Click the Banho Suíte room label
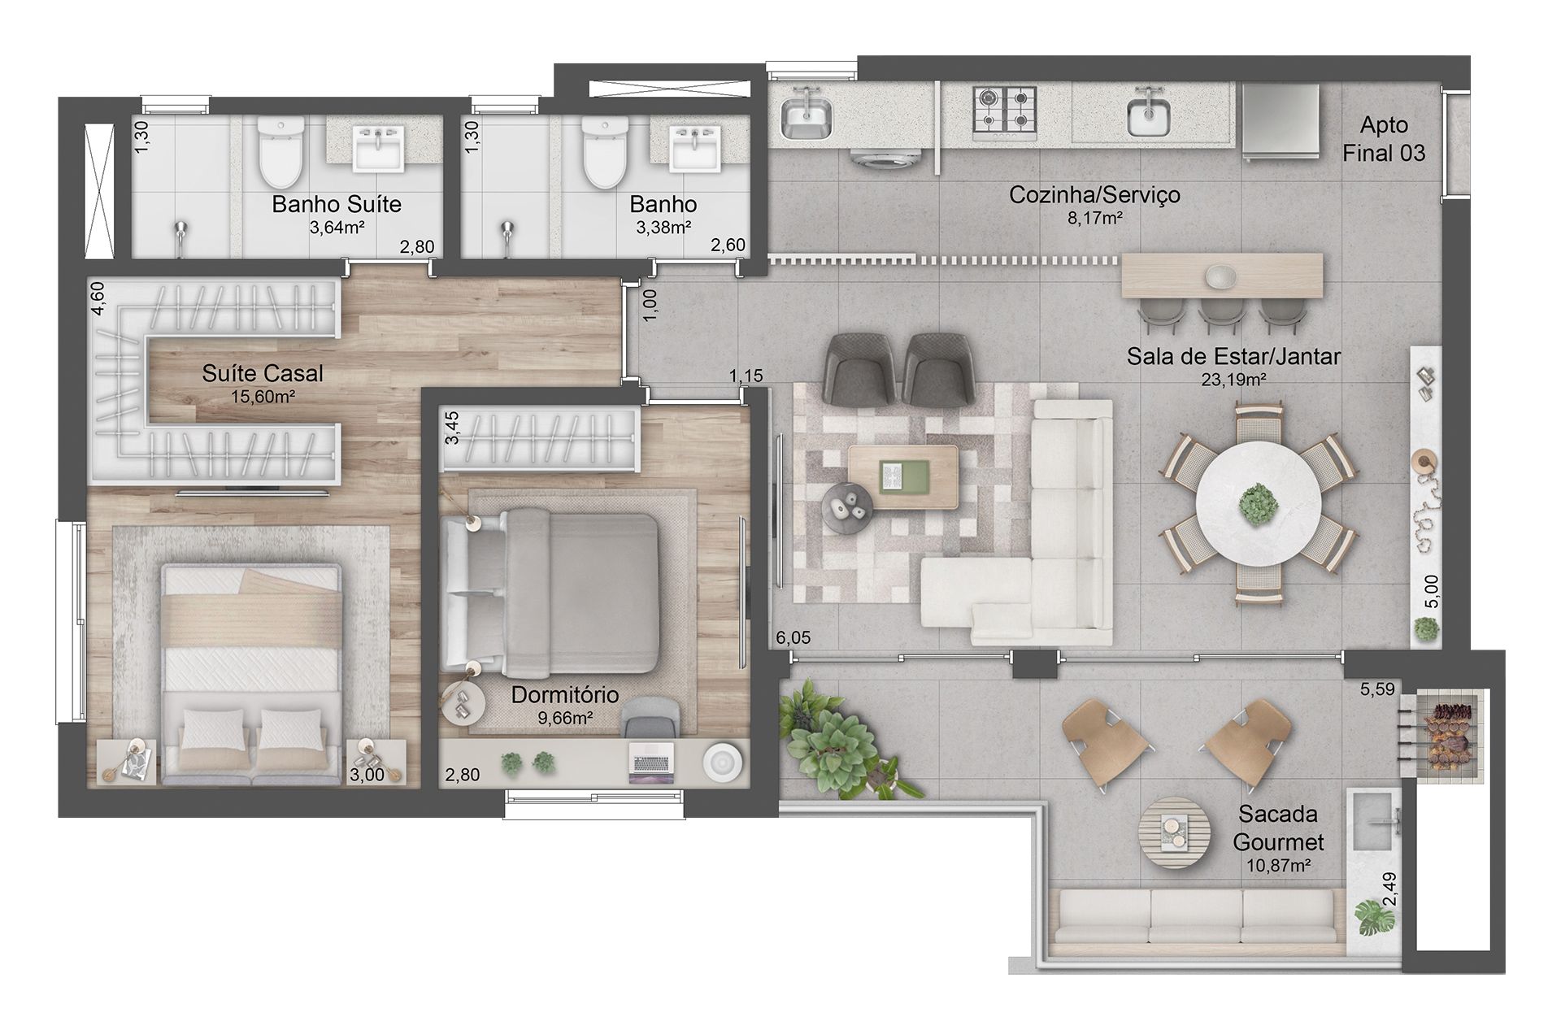click(337, 203)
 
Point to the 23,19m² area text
click(1233, 379)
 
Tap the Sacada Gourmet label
click(1278, 828)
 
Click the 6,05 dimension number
click(794, 638)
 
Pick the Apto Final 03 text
click(1384, 139)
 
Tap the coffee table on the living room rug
click(902, 476)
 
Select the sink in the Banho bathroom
click(696, 149)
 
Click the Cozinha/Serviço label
click(1094, 194)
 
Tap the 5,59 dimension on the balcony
click(1377, 689)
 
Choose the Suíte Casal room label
click(263, 373)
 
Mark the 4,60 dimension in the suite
click(98, 298)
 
